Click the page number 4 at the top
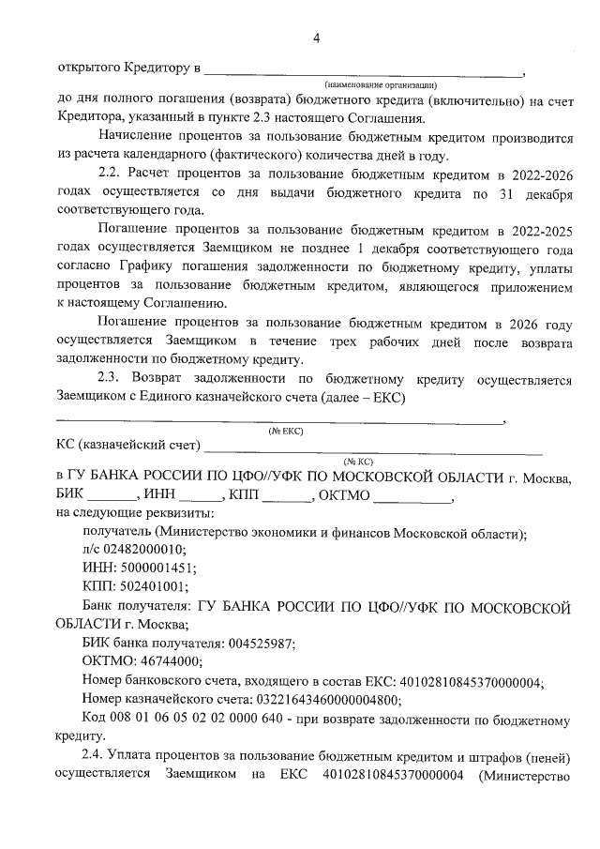[x=316, y=38]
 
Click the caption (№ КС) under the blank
[x=359, y=462]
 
